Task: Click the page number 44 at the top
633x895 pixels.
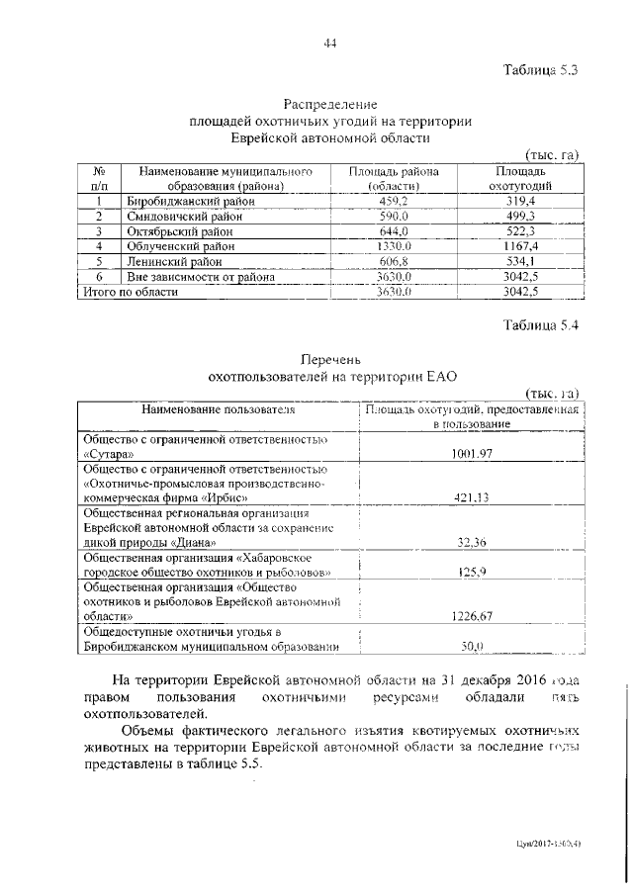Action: click(x=330, y=42)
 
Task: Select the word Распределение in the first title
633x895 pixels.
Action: click(x=330, y=103)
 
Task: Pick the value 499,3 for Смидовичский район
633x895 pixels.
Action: click(x=519, y=216)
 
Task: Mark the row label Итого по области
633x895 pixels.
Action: click(x=130, y=293)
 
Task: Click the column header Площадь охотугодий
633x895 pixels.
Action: click(x=519, y=178)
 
